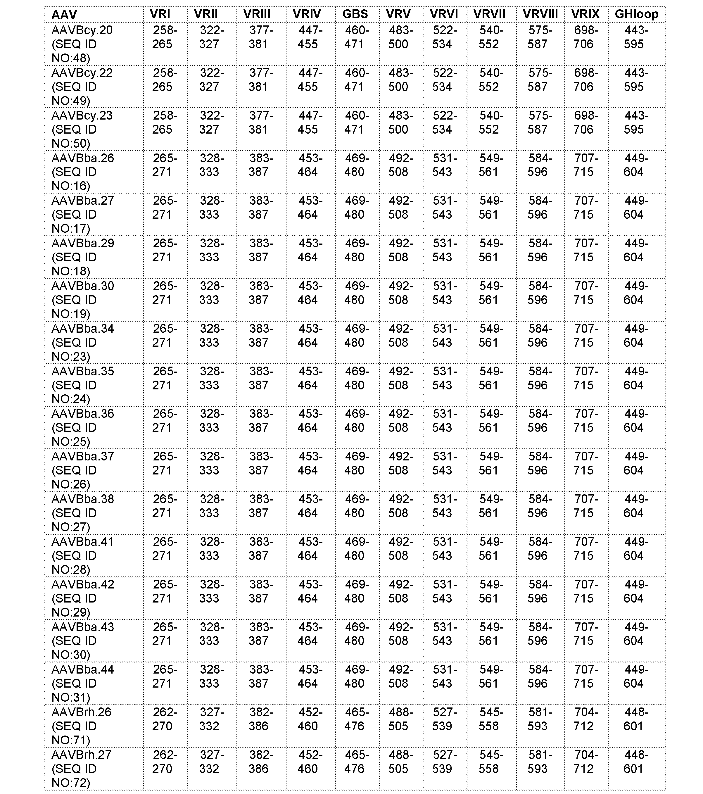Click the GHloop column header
point(636,14)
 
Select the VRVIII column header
point(540,14)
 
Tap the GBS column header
point(355,14)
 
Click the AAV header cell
point(64,15)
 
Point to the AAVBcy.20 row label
point(82,44)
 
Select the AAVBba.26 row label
point(83,172)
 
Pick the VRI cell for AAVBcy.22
point(165,80)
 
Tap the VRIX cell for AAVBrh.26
point(586,719)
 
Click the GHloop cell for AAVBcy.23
point(636,122)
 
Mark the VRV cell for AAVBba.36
point(401,421)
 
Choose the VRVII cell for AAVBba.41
point(491,548)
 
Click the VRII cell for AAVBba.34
point(212,336)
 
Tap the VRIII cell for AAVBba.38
point(261,506)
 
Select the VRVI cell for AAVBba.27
point(445,208)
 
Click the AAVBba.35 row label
point(83,385)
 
